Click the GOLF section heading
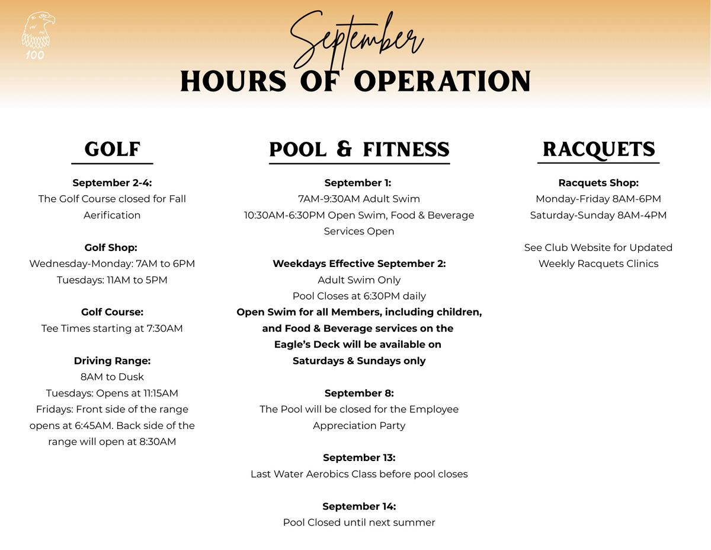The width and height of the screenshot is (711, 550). tap(112, 149)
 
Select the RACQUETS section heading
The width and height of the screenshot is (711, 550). tap(598, 149)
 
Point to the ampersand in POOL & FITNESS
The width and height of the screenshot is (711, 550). tap(344, 149)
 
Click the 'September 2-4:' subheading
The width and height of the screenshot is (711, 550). tap(112, 183)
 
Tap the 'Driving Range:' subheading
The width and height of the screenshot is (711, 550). tap(112, 361)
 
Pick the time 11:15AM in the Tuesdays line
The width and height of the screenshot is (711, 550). tap(161, 393)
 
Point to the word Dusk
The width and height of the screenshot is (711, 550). tap(131, 377)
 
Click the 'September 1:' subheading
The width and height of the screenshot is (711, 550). tap(358, 183)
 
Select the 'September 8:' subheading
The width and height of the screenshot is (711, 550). tap(359, 393)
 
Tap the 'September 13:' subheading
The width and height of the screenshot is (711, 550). tap(359, 457)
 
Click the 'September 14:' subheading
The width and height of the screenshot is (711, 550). tap(359, 506)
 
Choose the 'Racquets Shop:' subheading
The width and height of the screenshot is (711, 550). tap(598, 183)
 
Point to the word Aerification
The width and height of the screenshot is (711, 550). tap(112, 215)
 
